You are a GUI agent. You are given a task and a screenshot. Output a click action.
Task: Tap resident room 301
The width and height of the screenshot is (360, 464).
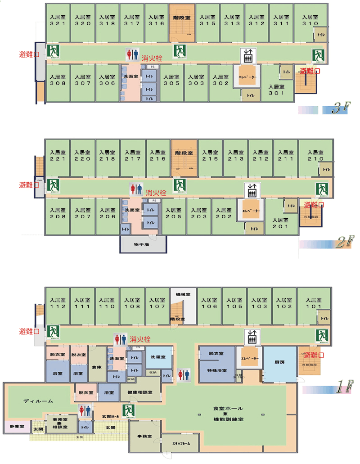point(276,90)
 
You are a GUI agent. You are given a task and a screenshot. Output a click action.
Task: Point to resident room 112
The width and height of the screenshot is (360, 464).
point(58,304)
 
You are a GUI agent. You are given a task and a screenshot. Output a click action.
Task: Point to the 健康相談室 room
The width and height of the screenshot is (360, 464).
point(140,392)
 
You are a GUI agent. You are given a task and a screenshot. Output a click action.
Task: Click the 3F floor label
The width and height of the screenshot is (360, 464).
point(338,109)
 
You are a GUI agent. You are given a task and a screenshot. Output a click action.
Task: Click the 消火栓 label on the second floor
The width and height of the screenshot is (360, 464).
point(156,193)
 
